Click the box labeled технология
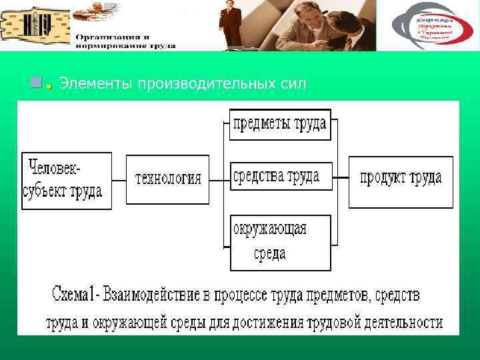pyautogui.click(x=167, y=179)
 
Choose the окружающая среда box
pyautogui.click(x=280, y=242)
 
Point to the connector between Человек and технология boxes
pyautogui.click(x=119, y=180)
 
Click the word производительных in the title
pyautogui.click(x=197, y=83)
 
